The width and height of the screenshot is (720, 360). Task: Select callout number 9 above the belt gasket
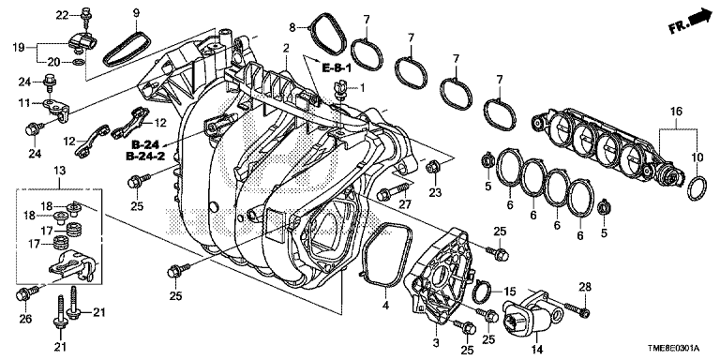click(x=136, y=12)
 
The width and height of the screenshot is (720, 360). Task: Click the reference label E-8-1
click(x=337, y=68)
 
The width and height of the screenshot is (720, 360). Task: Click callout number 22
click(x=62, y=16)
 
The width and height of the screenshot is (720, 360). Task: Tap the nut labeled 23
click(x=431, y=168)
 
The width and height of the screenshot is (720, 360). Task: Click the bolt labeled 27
click(x=393, y=192)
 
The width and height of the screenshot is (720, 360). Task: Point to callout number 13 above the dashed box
click(x=60, y=171)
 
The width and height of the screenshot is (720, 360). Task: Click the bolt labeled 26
click(x=27, y=292)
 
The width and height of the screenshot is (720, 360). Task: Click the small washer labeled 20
click(x=79, y=62)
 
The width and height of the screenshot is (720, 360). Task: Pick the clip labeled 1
click(x=340, y=90)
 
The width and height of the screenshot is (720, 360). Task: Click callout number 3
click(x=436, y=342)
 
